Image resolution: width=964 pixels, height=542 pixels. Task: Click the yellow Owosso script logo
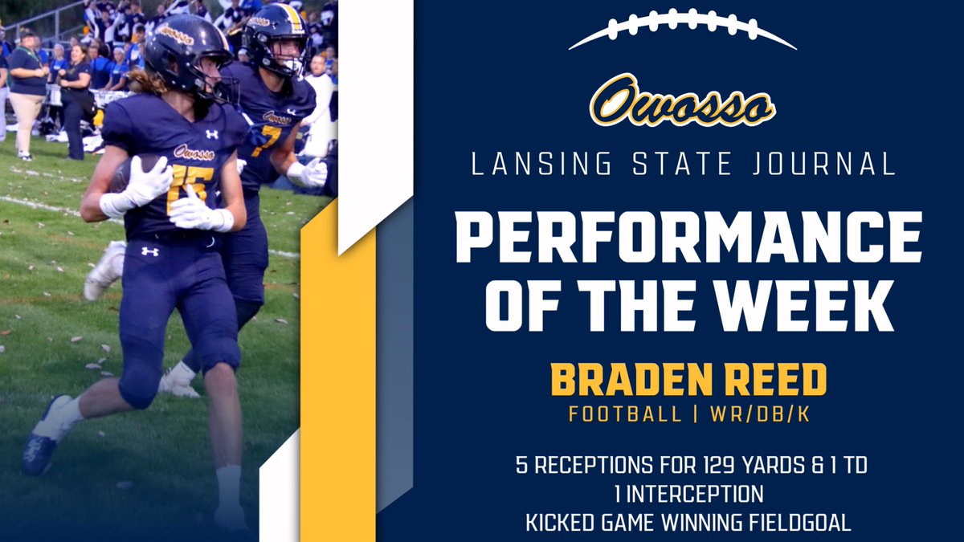point(682,101)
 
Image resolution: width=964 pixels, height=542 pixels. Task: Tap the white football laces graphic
point(682,26)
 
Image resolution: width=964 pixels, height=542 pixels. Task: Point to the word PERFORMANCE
point(688,237)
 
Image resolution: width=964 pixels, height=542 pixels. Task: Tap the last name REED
point(781,381)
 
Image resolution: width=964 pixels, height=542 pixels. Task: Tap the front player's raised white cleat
point(105,271)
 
